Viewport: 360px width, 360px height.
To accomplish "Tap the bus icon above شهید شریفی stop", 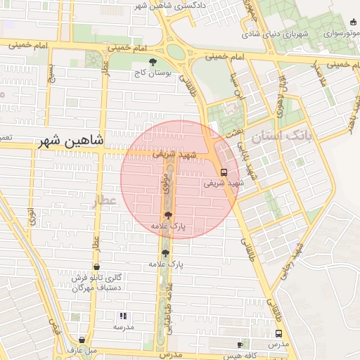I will click(224, 172).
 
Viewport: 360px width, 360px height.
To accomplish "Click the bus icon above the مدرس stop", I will click(279, 334).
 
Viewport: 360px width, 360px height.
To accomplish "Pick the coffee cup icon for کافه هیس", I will click(239, 345).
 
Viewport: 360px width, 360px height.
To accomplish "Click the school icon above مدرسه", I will click(124, 316).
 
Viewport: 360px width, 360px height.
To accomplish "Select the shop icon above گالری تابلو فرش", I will click(96, 267).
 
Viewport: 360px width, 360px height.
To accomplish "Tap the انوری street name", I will click(32, 215).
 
